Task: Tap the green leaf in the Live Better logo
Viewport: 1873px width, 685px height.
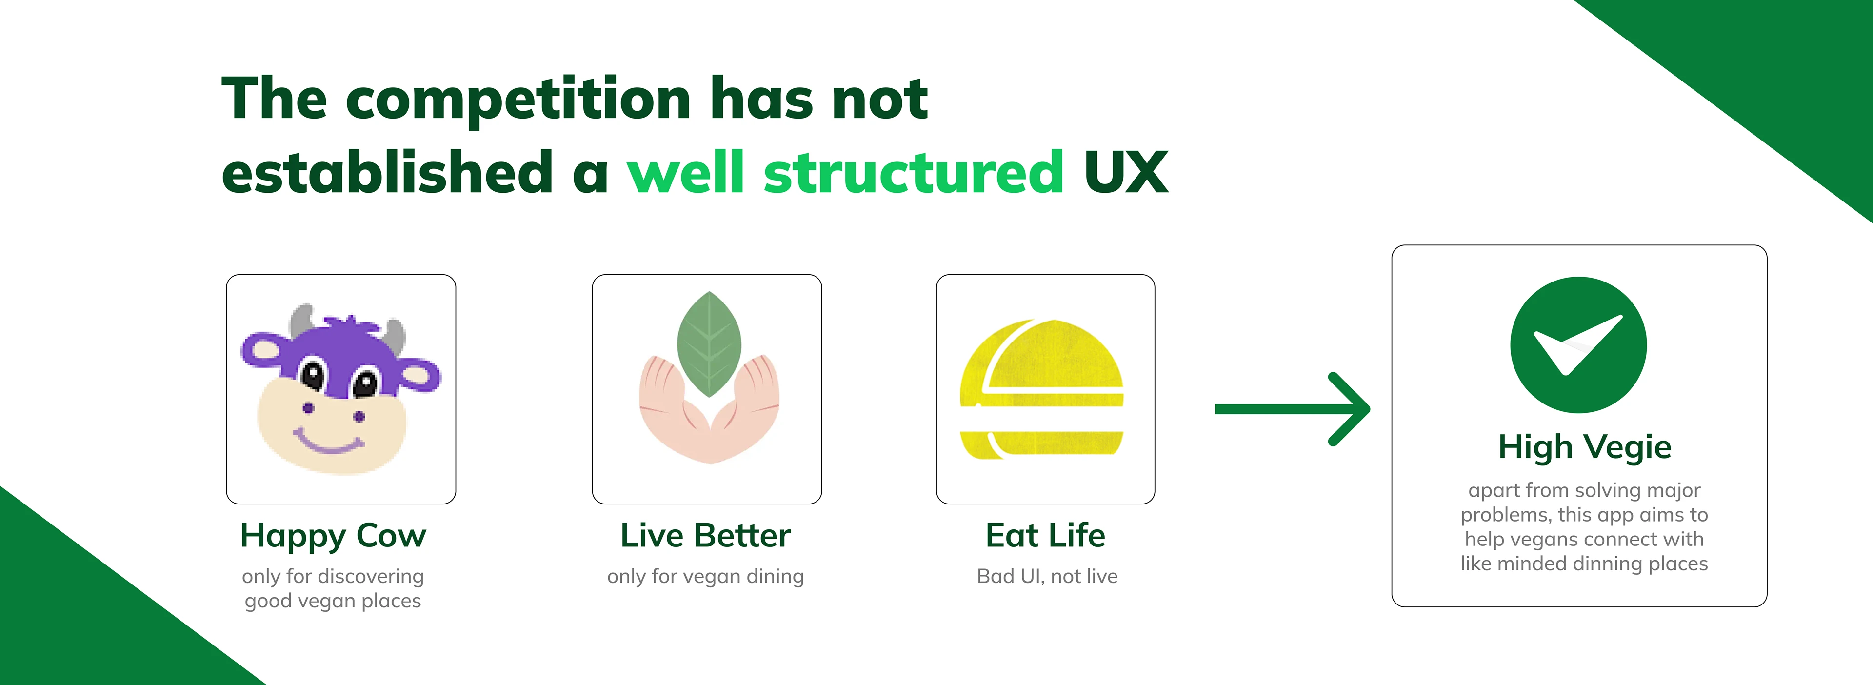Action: point(709,344)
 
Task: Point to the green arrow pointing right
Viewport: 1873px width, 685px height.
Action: point(1292,409)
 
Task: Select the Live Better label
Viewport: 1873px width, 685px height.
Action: point(705,536)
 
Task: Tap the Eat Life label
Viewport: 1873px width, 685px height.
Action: point(1046,536)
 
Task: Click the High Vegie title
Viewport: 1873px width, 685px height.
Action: point(1585,447)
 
